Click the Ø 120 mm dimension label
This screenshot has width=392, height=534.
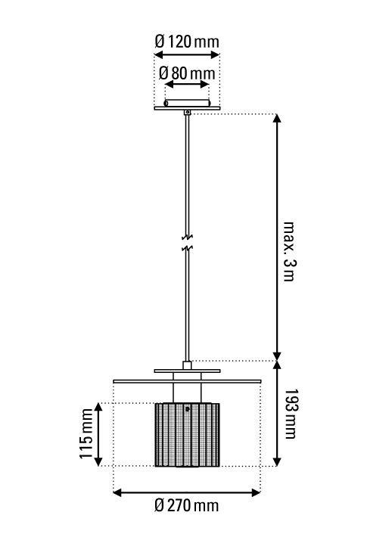tap(187, 42)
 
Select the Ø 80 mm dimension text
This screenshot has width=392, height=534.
tap(187, 73)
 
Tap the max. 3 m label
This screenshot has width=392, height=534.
tap(289, 251)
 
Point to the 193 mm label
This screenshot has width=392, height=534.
tap(290, 414)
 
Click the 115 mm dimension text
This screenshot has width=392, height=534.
tap(86, 434)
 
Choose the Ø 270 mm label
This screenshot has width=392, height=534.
tap(186, 505)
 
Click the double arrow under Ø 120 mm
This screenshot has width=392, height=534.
tap(187, 54)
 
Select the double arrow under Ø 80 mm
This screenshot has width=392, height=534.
tap(187, 84)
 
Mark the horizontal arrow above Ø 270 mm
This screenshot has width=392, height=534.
tap(187, 492)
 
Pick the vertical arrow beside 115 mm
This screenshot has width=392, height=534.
tap(98, 434)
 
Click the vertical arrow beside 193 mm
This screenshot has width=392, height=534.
tap(278, 414)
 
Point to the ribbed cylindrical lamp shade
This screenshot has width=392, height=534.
tap(187, 435)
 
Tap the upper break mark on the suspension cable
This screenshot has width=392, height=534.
tap(187, 236)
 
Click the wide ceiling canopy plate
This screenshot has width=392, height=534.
tap(187, 108)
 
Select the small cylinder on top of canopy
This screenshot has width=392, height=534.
tap(187, 103)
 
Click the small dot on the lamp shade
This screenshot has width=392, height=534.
tap(187, 409)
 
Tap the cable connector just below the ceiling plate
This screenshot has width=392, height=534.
tap(187, 112)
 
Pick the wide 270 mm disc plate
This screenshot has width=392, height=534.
tap(187, 381)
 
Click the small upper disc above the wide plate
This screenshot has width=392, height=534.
tap(187, 371)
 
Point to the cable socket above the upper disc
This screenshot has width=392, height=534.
tap(187, 365)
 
